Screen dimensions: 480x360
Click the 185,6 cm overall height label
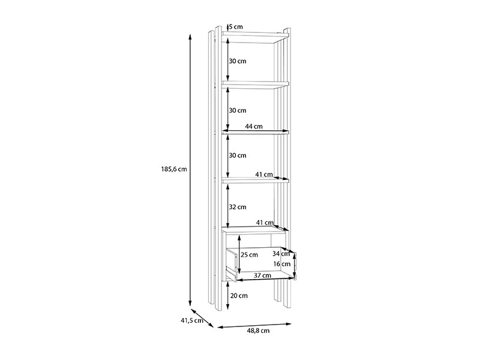(174, 169)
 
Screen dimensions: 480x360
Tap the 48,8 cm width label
(259, 331)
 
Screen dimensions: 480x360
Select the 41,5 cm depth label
(192, 320)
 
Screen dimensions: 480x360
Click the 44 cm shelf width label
(254, 126)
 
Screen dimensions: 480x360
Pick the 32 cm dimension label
(238, 207)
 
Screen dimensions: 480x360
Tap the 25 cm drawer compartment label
(249, 254)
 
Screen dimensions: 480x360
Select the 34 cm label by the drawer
(281, 253)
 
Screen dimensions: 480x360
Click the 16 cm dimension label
(282, 264)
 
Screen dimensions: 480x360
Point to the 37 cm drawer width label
(263, 275)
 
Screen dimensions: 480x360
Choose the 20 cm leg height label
(239, 296)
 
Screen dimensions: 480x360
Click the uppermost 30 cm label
(238, 61)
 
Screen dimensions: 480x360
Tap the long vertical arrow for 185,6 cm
(190, 170)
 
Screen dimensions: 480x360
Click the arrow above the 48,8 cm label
(254, 325)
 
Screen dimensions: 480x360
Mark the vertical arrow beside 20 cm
(228, 295)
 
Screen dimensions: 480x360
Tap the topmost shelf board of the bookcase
(256, 37)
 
